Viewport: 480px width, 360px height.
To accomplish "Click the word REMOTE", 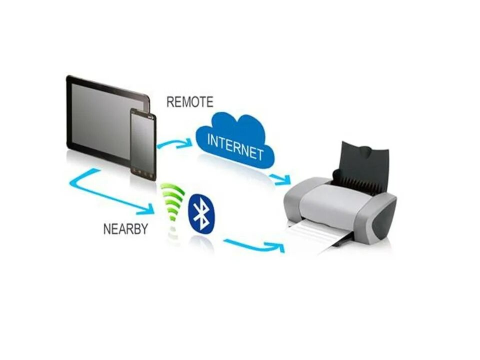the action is point(189,102).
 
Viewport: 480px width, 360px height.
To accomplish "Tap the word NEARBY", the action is point(125,229).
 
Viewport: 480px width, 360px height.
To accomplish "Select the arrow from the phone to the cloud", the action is point(174,143).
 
